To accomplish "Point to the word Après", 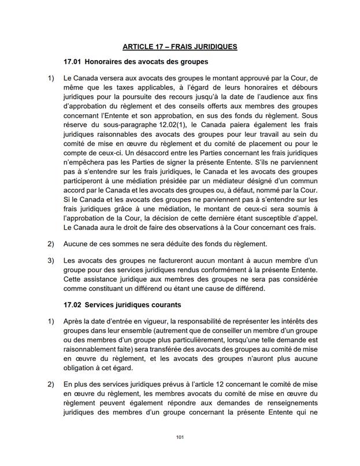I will (75, 320).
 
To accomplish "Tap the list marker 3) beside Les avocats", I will (51, 260).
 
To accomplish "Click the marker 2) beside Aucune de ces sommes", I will (51, 244).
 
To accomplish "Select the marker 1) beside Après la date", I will (51, 320).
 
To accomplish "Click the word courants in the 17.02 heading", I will (162, 304).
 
